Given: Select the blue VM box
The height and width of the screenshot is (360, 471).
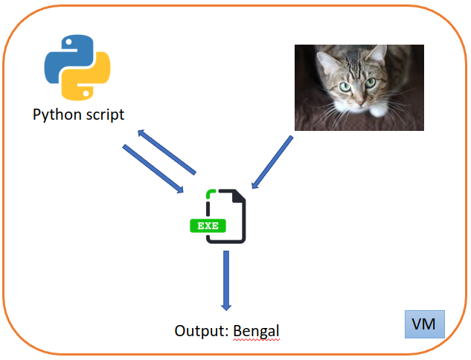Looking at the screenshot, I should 425,324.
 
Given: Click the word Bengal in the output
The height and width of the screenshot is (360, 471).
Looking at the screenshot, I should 257,330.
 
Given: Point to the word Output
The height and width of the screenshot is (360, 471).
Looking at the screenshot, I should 201,330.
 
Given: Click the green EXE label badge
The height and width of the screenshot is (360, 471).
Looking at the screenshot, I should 208,225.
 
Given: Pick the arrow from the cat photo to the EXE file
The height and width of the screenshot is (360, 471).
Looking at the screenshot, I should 272,161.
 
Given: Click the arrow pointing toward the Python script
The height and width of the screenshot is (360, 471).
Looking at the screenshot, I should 166,150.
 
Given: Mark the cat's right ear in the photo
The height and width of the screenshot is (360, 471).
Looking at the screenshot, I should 378,54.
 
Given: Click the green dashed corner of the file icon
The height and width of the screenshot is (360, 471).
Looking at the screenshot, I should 211,196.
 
